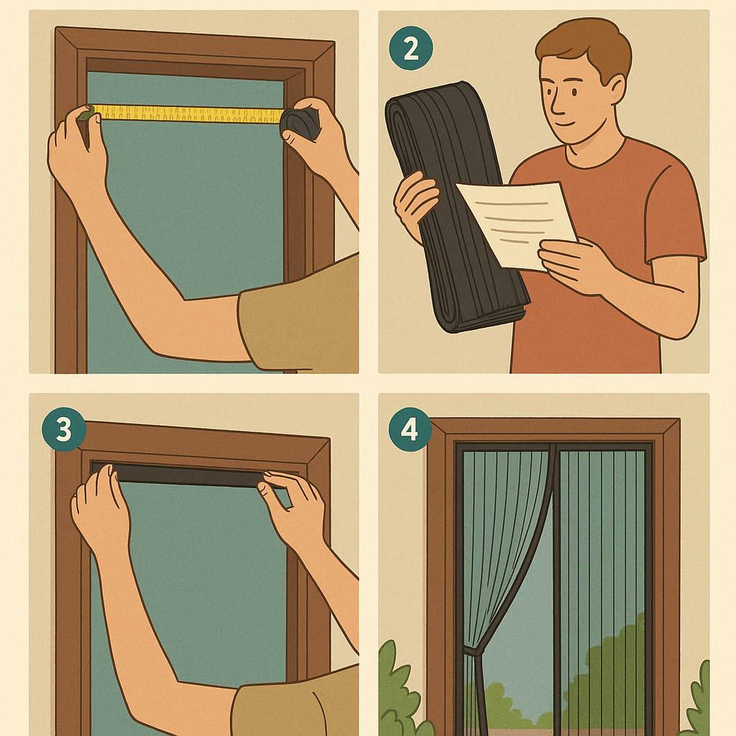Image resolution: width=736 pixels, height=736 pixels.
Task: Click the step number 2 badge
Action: click(410, 48)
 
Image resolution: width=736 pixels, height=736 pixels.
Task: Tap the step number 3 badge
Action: click(64, 429)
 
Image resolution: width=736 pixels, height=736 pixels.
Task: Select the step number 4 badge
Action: click(410, 429)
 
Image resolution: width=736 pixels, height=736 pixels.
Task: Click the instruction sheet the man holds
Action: click(517, 224)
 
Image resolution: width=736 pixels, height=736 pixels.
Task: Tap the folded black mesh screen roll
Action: click(455, 206)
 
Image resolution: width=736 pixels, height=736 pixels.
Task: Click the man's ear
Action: click(616, 89)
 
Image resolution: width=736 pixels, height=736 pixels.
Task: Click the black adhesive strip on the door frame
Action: click(188, 475)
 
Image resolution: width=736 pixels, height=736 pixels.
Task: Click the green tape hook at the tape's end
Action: click(86, 114)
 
